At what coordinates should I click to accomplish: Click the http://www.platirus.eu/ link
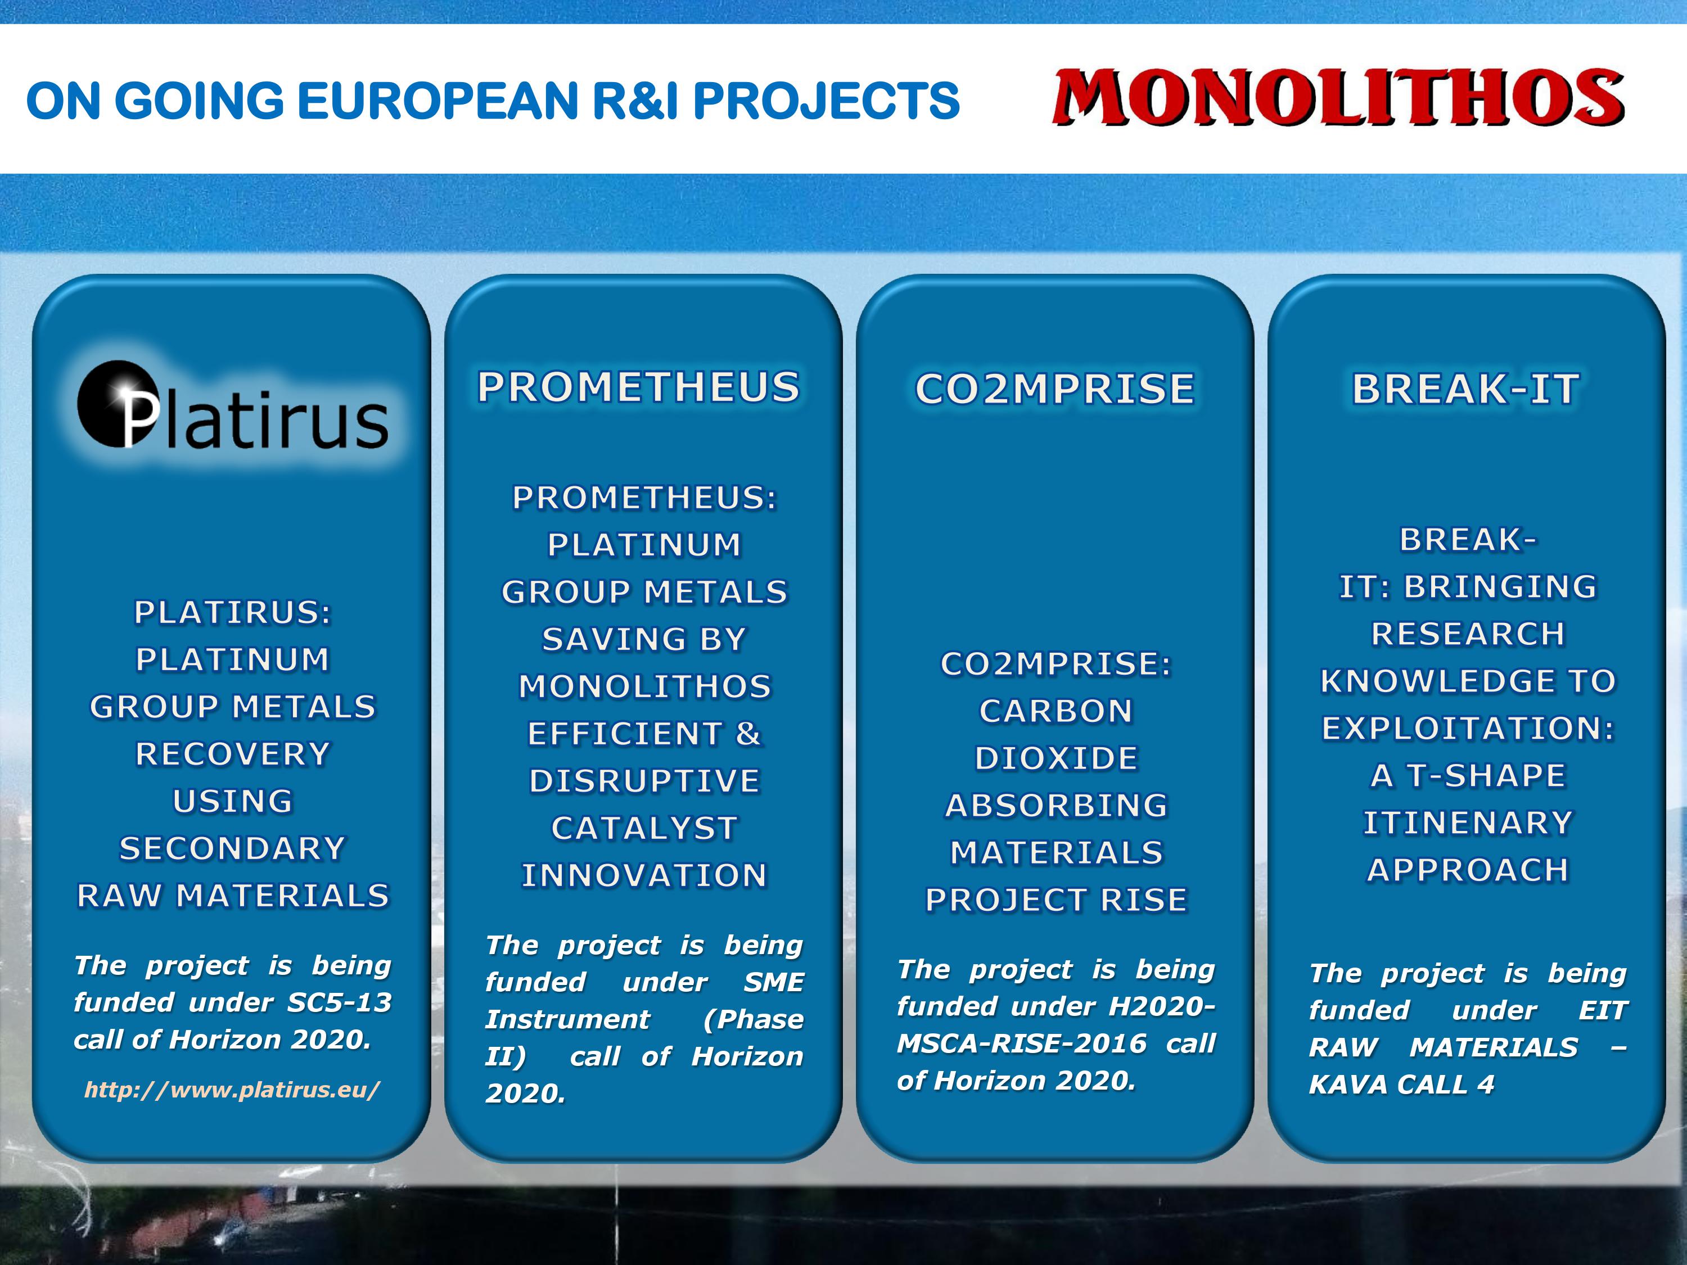pyautogui.click(x=232, y=1090)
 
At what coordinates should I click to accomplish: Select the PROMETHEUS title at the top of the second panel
pyautogui.click(x=639, y=387)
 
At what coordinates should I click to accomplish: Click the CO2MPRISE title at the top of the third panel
pyautogui.click(x=1055, y=389)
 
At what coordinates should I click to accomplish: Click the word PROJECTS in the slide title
pyautogui.click(x=826, y=101)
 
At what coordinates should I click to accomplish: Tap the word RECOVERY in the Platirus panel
pyautogui.click(x=233, y=754)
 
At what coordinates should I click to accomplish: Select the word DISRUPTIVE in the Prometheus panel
pyautogui.click(x=644, y=781)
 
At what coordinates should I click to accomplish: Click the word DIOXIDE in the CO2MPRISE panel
pyautogui.click(x=1056, y=758)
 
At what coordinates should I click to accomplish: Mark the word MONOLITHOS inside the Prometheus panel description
pyautogui.click(x=645, y=687)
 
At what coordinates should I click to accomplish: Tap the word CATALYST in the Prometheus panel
pyautogui.click(x=644, y=828)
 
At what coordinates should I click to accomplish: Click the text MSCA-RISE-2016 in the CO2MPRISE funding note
pyautogui.click(x=1021, y=1043)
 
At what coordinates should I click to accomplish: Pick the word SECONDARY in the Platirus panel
pyautogui.click(x=233, y=848)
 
